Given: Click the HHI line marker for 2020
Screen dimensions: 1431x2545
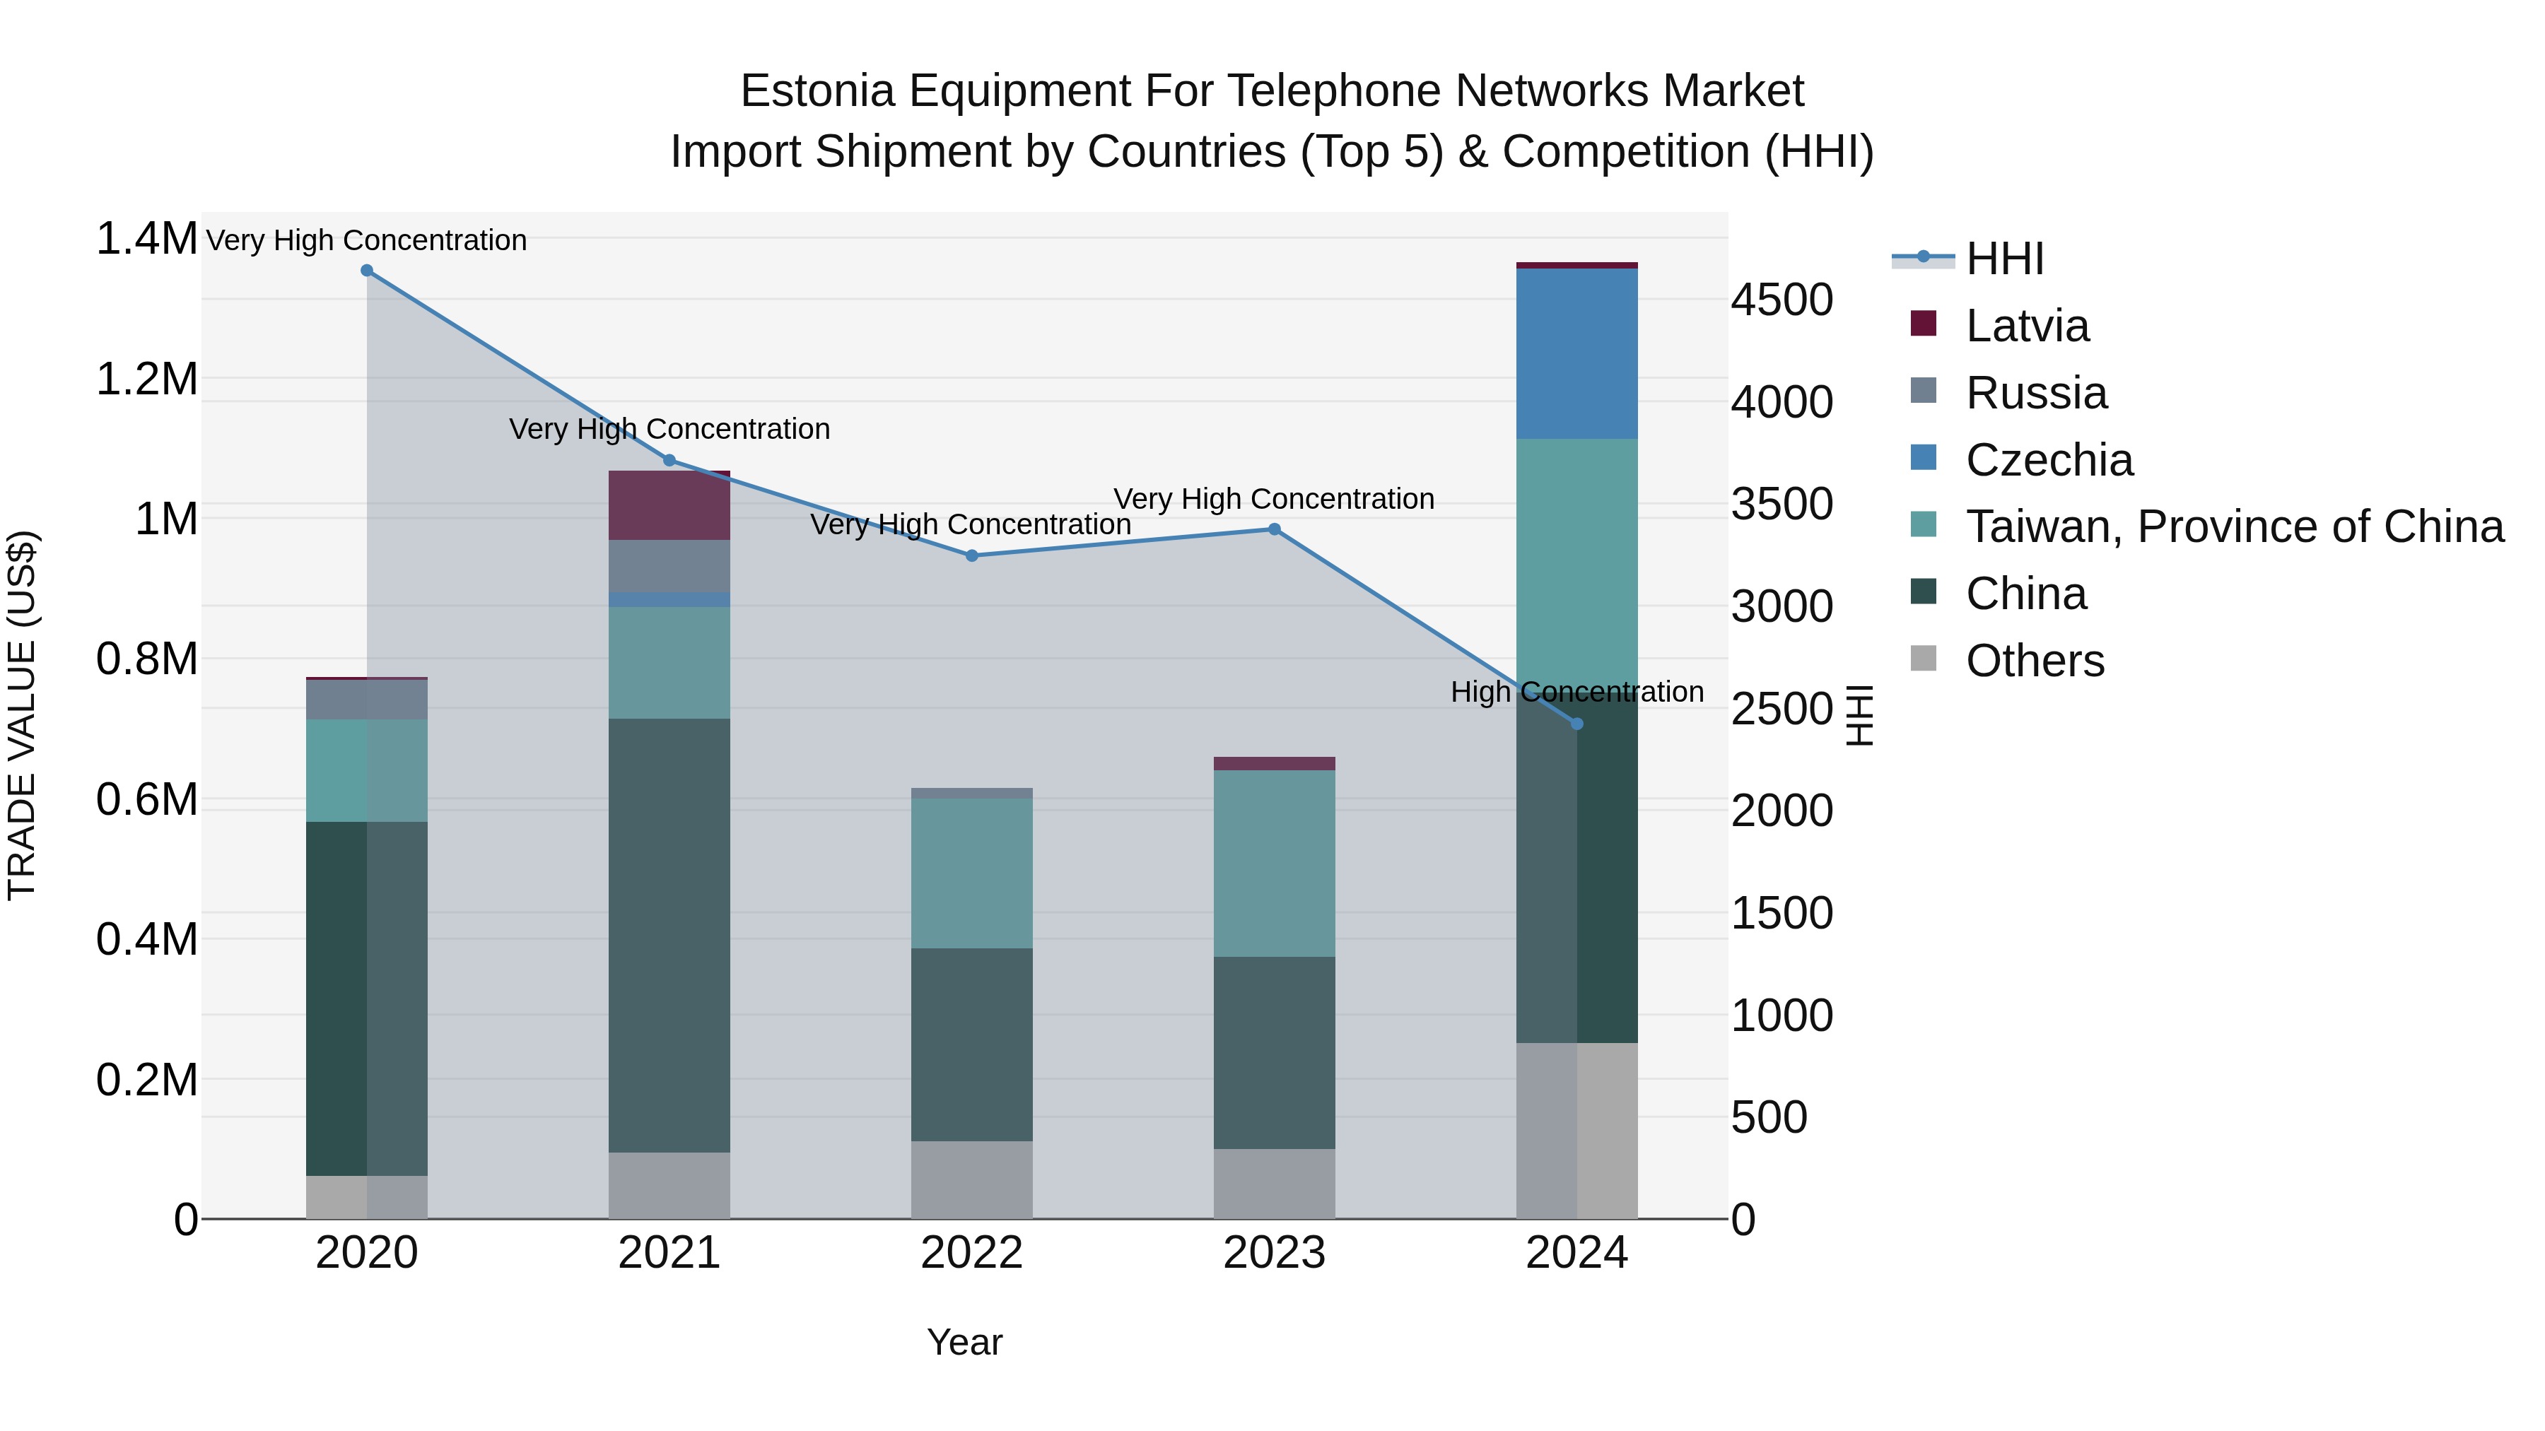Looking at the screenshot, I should pos(366,271).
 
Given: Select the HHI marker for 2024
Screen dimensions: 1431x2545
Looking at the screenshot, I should pos(1576,724).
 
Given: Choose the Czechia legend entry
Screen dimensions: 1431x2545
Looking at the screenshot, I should pos(2048,460).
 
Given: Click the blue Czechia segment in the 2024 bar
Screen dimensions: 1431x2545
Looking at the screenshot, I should pos(1576,353).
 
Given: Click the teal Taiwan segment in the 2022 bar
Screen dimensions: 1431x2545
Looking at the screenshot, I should pos(971,873).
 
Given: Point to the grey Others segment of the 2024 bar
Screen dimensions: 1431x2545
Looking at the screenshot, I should pos(1576,1130).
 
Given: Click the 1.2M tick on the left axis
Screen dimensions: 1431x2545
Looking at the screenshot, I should pos(147,379).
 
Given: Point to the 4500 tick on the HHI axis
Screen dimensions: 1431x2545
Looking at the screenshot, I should pos(1781,300).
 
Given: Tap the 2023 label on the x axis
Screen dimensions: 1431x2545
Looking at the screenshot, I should pos(1273,1253).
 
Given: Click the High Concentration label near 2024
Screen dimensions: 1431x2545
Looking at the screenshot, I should pos(1576,693).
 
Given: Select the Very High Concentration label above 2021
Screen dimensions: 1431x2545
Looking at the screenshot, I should pos(669,430).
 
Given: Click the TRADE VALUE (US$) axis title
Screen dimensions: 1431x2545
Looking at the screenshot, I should pos(22,715).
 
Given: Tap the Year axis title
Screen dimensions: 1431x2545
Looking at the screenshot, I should pos(964,1342).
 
